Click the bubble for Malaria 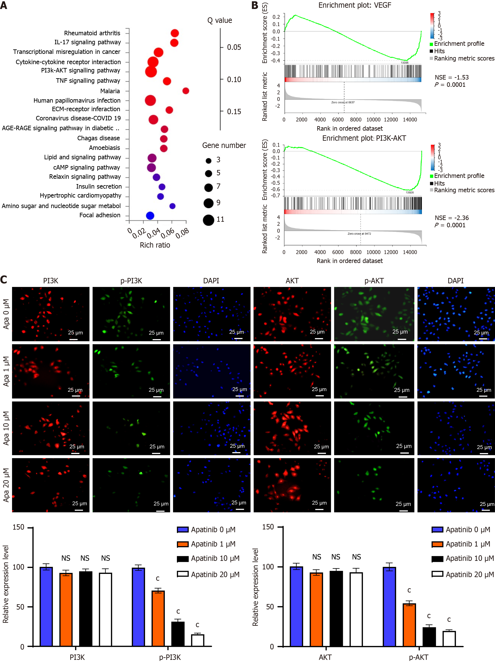point(186,91)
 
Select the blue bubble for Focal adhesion point(150,216)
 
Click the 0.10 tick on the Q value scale point(234,80)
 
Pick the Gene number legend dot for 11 point(208,220)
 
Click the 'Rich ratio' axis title point(155,245)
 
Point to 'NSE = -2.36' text point(452,218)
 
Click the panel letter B point(255,5)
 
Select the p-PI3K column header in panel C point(131,281)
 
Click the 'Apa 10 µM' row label point(6,428)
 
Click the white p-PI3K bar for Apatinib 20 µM point(198,640)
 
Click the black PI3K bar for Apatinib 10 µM point(86,609)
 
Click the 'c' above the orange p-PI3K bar point(158,579)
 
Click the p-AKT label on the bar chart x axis point(418,657)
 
